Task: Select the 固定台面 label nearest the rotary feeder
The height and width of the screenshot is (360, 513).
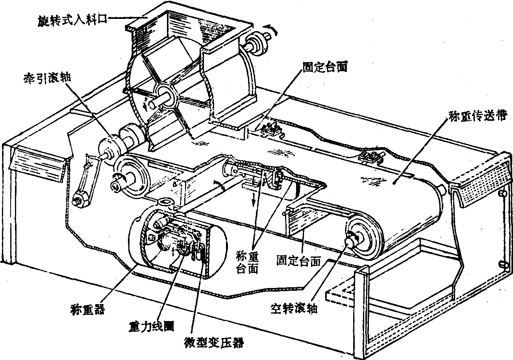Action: (326, 67)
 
